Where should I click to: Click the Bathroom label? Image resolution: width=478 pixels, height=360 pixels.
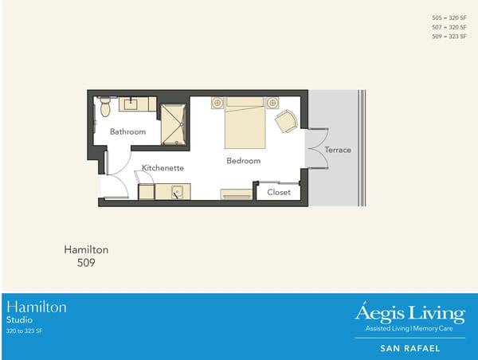[x=127, y=131]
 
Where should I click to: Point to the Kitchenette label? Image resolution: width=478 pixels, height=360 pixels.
[x=163, y=168]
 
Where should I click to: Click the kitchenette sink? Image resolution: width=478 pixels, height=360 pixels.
[x=178, y=191]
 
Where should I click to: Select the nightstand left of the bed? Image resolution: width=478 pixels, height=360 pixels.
[x=217, y=103]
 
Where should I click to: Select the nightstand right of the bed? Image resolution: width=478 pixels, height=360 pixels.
[x=272, y=103]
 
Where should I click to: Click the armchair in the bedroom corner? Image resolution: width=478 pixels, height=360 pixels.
[x=286, y=121]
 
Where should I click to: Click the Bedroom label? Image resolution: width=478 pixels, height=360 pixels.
[x=244, y=161]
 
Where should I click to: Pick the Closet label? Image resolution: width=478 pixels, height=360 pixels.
[x=279, y=192]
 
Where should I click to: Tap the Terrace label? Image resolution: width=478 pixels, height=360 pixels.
[x=338, y=150]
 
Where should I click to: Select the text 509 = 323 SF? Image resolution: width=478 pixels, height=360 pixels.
[x=449, y=37]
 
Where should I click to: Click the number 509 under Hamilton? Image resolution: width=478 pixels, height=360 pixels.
[x=86, y=261]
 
